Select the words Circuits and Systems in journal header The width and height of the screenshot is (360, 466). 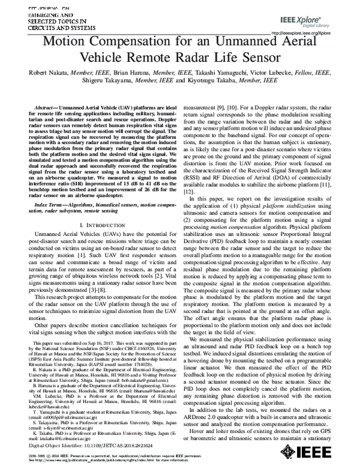click(37, 27)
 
